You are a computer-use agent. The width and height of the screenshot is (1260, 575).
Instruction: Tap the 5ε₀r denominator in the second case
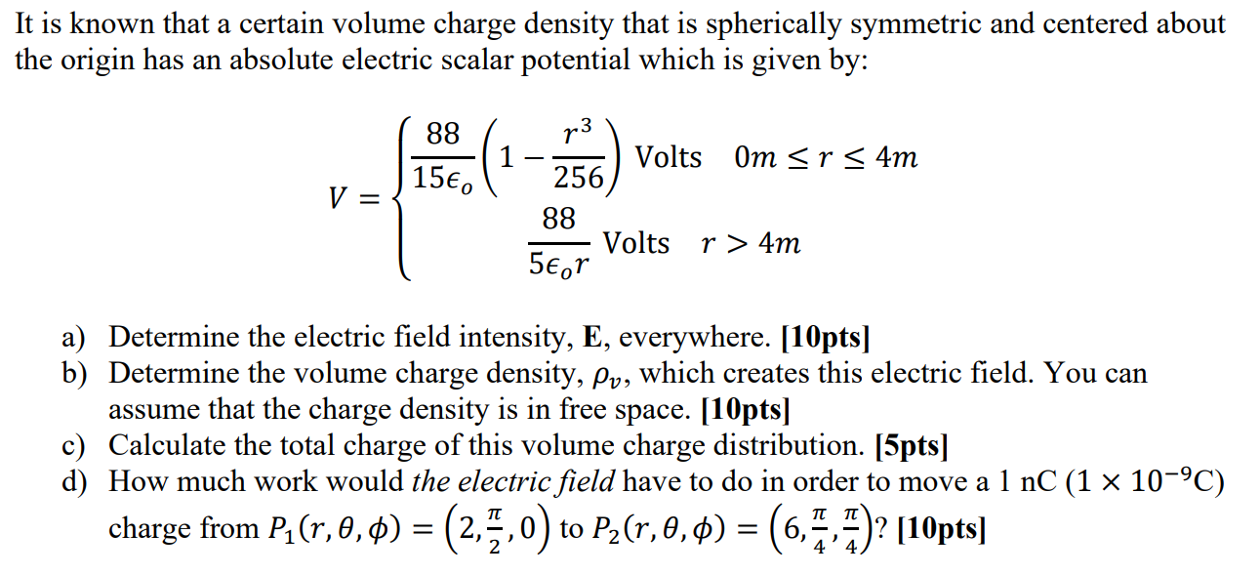tap(559, 262)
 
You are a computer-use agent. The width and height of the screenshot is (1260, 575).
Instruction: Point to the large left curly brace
tap(402, 199)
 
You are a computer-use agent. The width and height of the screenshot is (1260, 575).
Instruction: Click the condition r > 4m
tap(752, 243)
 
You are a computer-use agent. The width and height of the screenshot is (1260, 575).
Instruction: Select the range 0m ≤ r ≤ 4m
tap(826, 157)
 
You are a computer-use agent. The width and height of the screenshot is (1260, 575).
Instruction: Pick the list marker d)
tap(76, 482)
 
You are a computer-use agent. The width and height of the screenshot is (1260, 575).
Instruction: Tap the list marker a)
tap(76, 338)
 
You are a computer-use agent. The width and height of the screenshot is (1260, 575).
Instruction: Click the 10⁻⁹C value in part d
tap(1172, 482)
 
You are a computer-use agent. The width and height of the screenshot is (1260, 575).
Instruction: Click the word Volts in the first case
tap(669, 157)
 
